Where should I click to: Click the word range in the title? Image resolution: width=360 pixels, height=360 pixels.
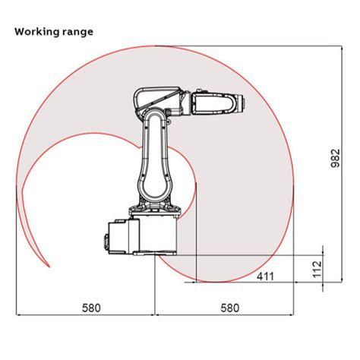(x=79, y=32)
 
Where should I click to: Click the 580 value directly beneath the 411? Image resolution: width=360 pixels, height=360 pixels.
(x=229, y=308)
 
